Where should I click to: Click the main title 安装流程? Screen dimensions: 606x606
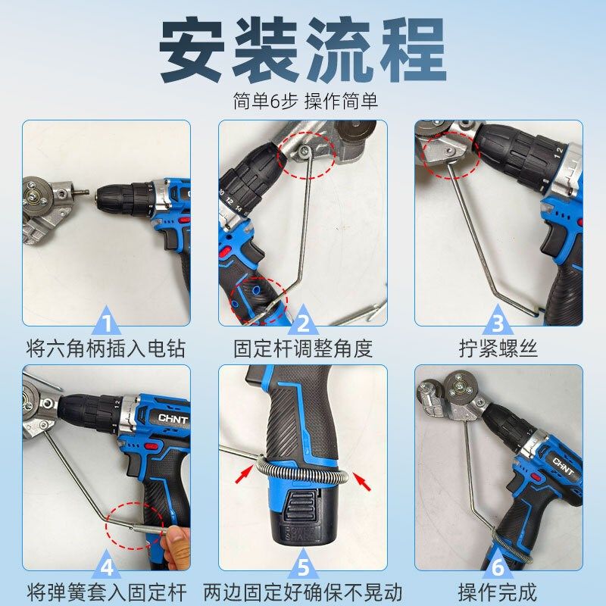(303, 51)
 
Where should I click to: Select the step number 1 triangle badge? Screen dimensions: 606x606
(107, 323)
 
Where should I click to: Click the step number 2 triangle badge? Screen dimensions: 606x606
(303, 323)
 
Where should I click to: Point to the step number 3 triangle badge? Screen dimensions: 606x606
(498, 323)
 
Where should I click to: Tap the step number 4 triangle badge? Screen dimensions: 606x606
(107, 566)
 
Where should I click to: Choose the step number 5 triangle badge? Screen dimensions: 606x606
(303, 566)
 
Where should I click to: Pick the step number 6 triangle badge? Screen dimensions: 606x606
(498, 566)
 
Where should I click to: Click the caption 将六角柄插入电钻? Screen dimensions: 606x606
(106, 349)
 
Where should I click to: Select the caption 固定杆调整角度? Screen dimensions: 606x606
(303, 349)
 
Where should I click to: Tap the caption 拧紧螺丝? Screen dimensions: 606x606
(498, 349)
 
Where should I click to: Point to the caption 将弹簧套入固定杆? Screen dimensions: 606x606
(106, 592)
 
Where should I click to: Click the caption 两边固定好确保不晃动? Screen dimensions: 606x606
(303, 592)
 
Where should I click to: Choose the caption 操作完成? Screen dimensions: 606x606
(498, 592)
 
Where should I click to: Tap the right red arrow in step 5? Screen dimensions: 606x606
(363, 482)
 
